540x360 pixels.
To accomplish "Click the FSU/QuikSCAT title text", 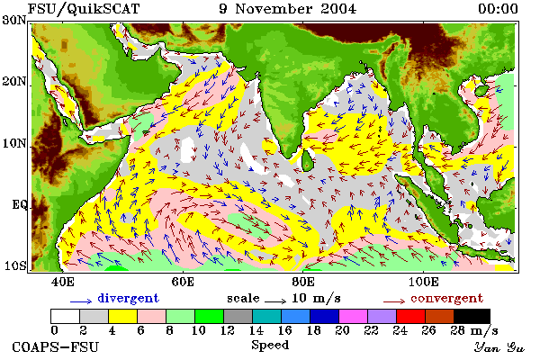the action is (x=84, y=9).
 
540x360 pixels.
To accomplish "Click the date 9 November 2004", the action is (x=288, y=9).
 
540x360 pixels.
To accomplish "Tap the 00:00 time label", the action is (x=498, y=9).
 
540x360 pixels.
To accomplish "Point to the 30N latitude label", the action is (x=14, y=20).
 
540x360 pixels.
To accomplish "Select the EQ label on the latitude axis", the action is (x=19, y=204).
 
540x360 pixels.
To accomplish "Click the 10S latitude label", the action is (x=14, y=265).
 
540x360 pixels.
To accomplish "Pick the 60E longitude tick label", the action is (x=183, y=282).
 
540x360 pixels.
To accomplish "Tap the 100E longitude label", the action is (x=423, y=282).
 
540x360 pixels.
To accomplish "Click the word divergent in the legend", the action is (x=128, y=298).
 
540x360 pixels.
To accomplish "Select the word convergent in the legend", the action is (x=446, y=298).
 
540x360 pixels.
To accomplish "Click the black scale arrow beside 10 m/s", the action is (x=275, y=301).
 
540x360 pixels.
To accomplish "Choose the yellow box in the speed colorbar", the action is (x=123, y=316).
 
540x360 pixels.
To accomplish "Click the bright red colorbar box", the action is (x=410, y=316).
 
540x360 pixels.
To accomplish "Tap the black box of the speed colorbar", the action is (x=472, y=316).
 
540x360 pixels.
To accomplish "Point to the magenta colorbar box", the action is (x=353, y=316).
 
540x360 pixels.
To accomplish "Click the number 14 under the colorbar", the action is (x=256, y=330).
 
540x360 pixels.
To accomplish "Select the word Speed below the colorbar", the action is (x=270, y=346).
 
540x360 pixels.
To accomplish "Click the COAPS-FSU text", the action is (x=56, y=346).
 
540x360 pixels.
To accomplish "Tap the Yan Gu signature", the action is (x=499, y=347).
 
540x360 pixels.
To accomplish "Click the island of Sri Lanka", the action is (x=307, y=160).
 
